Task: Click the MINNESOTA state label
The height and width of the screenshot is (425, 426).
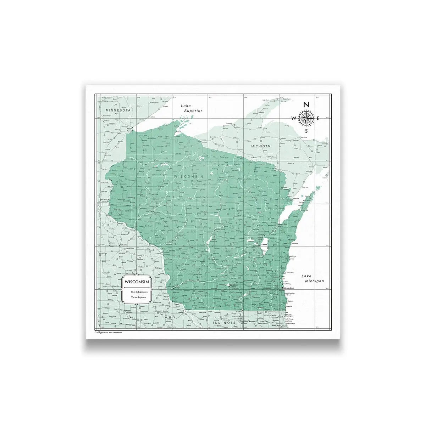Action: coord(118,110)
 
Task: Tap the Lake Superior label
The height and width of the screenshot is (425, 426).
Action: coord(191,108)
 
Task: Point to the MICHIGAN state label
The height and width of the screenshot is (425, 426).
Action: coord(261,146)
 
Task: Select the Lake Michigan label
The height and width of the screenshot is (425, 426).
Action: coord(312,278)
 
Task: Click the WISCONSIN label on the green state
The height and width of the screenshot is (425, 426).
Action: coord(188,176)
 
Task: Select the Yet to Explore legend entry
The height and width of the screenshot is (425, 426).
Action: coord(139,297)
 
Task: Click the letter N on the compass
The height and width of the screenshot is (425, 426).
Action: coord(307,104)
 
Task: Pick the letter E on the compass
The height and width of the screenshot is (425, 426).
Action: coord(319,118)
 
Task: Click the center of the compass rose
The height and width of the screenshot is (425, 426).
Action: coord(306,118)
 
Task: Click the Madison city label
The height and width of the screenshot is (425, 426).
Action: coord(233,285)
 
